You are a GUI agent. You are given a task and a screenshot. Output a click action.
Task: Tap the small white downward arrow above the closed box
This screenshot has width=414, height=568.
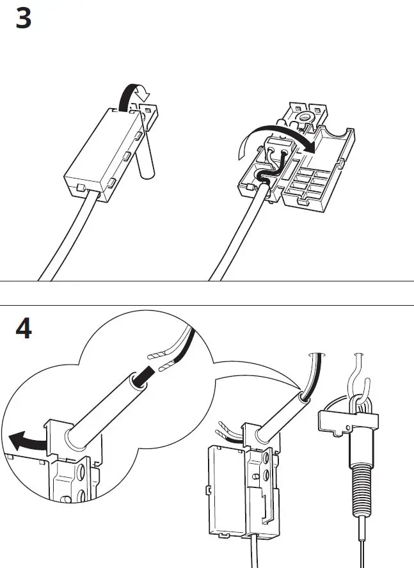point(144,95)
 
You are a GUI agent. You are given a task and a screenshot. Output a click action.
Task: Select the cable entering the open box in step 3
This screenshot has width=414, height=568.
point(237,237)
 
